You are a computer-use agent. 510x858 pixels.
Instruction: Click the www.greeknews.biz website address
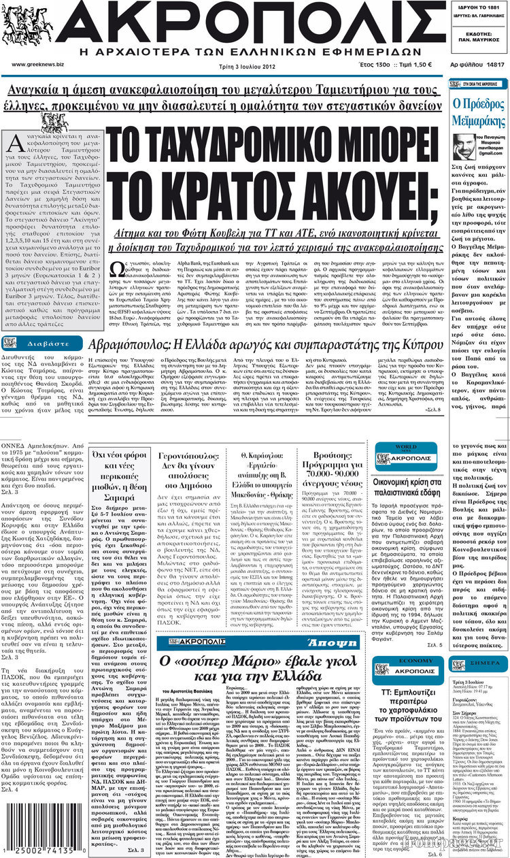pos(37,65)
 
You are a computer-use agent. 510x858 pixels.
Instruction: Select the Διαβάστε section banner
pos(42,343)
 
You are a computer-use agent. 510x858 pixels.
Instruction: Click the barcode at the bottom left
pos(42,834)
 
